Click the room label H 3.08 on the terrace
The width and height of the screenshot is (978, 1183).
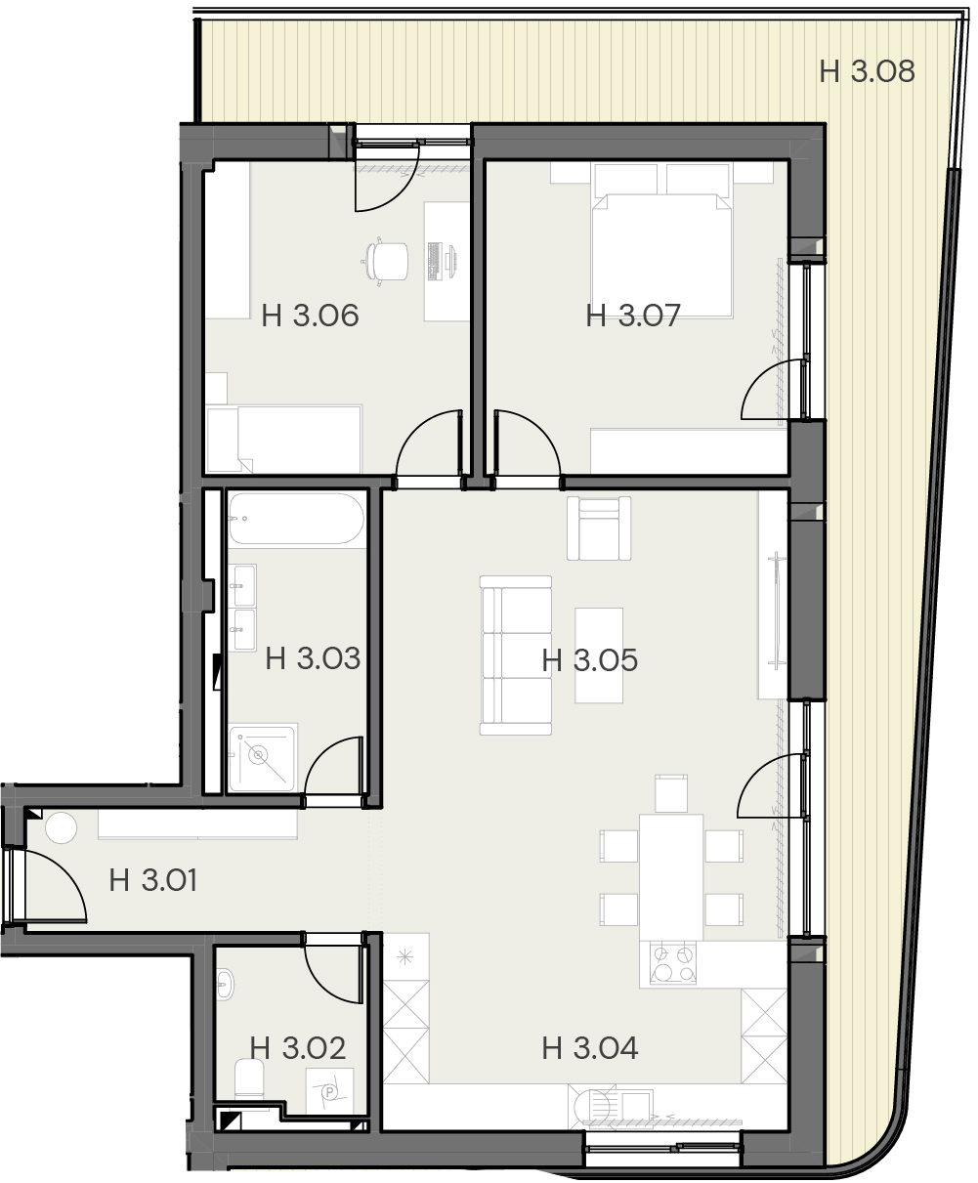click(867, 72)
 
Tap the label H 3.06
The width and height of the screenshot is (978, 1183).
click(310, 316)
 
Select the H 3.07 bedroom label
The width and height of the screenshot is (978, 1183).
click(633, 316)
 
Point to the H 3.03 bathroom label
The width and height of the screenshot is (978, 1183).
click(313, 658)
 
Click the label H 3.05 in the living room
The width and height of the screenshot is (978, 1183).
click(590, 660)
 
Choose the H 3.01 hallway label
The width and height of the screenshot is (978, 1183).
click(153, 880)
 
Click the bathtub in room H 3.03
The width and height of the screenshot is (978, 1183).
click(296, 519)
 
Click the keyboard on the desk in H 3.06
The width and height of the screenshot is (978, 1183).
click(435, 261)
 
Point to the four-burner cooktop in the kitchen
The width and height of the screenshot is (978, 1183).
click(673, 962)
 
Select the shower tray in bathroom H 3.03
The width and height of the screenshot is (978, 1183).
click(262, 758)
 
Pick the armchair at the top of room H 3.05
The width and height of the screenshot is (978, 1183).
click(599, 528)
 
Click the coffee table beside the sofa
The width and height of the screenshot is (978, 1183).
click(599, 655)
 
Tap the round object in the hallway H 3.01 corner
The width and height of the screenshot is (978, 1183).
click(62, 827)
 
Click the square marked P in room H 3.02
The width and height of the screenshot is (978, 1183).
click(329, 1090)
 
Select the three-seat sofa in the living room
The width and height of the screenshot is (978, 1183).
click(516, 655)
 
